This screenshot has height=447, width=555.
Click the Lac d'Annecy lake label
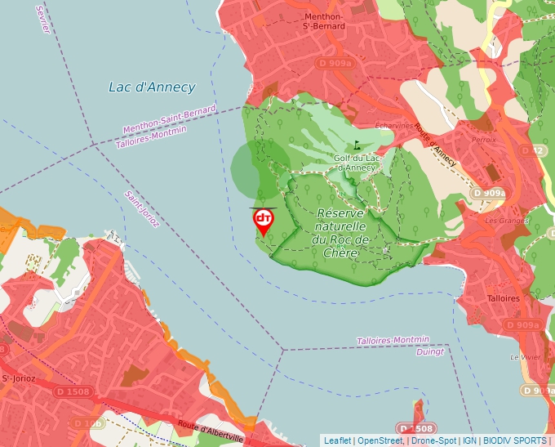(152, 87)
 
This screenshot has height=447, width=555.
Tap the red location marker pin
(264, 221)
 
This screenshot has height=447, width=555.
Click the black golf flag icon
(357, 145)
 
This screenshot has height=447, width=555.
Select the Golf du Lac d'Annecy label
(355, 163)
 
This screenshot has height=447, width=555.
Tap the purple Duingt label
(429, 352)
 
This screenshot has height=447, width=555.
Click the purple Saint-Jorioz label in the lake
(141, 209)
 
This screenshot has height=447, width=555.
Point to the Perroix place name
(483, 140)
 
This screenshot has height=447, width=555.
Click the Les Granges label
(501, 221)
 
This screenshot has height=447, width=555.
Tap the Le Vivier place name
(525, 357)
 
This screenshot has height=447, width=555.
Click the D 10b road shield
(87, 423)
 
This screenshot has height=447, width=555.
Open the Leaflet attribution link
(337, 440)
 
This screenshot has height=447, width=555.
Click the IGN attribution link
(469, 440)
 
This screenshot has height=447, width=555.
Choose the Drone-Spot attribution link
(435, 440)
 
